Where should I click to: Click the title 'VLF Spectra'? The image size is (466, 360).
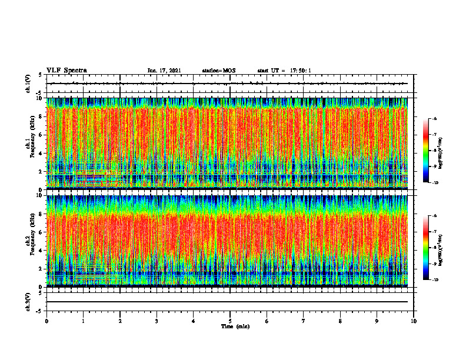66,70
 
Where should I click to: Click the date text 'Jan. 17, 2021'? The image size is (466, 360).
164,71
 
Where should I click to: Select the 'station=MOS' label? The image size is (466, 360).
218,71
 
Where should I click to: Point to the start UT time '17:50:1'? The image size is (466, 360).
300,71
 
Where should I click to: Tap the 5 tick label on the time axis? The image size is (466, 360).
230,321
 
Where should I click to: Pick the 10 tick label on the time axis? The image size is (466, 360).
414,321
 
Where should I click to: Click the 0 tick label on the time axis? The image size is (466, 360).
46,321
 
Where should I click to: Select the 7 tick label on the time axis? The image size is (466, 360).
304,321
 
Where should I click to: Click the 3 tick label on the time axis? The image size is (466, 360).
157,321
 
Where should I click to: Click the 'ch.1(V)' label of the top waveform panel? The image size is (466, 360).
28,84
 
